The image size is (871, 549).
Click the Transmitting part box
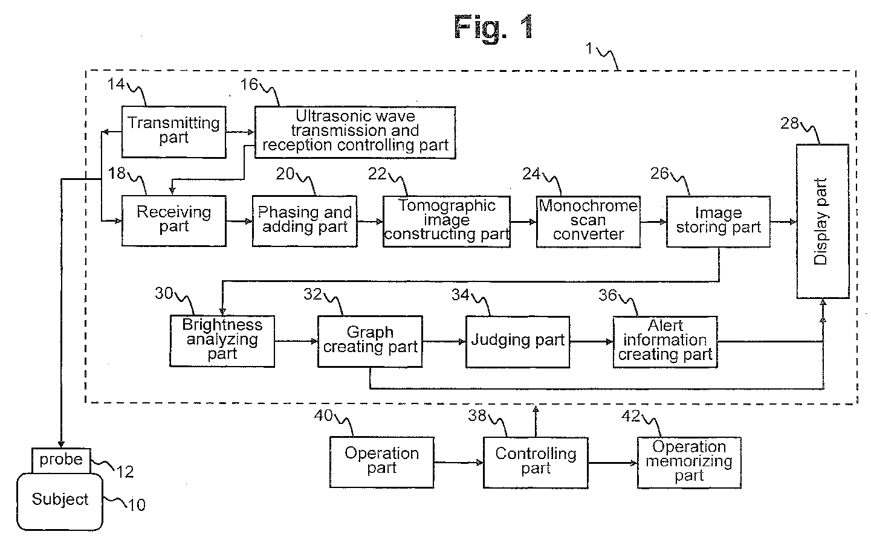174,132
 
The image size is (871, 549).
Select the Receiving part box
174,220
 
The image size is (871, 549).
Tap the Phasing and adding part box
305,221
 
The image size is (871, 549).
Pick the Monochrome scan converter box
588,222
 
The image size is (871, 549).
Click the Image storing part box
718,222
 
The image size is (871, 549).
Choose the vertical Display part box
823,222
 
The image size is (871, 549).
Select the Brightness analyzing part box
222,341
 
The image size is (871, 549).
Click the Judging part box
517,342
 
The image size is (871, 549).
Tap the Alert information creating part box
665,342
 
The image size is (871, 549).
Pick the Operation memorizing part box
689,463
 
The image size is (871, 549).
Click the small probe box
61,461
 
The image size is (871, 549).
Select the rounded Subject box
60,502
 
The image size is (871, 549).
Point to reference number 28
789,124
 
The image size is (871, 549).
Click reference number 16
249,85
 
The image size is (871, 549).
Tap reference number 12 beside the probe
125,472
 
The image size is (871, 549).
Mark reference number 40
323,416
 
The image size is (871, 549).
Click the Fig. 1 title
493,27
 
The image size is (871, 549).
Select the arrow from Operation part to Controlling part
458,463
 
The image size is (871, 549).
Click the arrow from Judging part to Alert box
591,342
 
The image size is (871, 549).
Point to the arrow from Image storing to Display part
783,222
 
